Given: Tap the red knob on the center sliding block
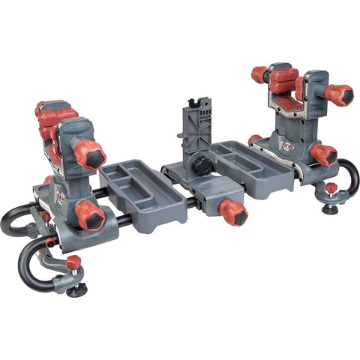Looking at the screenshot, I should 233,212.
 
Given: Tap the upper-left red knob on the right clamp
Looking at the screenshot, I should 259,74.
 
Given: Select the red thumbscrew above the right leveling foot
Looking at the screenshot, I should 330,188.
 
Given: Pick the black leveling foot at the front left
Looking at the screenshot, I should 76,289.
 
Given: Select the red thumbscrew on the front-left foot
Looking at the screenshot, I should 73,262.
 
